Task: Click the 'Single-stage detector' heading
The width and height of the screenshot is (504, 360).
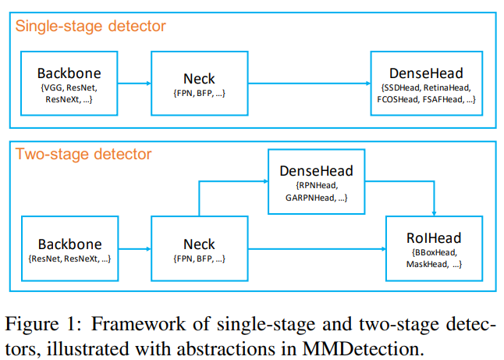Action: [x=91, y=27]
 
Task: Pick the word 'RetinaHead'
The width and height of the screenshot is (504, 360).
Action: [x=448, y=88]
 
